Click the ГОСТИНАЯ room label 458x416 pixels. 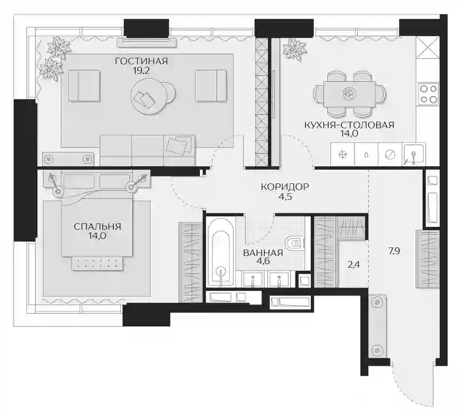click(141, 61)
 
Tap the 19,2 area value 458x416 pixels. click(141, 70)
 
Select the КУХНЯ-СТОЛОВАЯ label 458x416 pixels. click(349, 125)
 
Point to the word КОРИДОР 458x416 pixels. click(285, 187)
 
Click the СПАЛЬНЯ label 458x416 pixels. click(97, 226)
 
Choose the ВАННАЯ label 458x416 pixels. click(263, 253)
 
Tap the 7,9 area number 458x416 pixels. click(394, 251)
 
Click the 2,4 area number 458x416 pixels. click(353, 265)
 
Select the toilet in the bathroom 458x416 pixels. click(295, 243)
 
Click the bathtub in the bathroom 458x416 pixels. click(220, 252)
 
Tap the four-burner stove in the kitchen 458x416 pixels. click(428, 94)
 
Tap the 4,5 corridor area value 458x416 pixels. click(285, 197)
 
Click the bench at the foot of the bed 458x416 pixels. click(97, 263)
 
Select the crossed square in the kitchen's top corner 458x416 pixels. click(427, 47)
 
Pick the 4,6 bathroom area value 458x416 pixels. click(263, 261)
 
